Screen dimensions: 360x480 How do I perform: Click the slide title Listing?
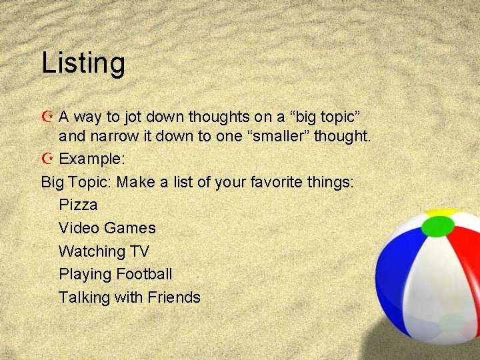pos(83,63)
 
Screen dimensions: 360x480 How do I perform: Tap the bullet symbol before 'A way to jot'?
pos(47,117)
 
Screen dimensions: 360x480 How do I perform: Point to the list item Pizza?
pos(78,205)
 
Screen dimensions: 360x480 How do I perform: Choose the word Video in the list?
pos(79,228)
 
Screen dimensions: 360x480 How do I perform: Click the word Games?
pos(130,228)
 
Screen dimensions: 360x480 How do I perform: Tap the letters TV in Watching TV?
pos(139,251)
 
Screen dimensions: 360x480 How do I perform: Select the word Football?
pos(144,274)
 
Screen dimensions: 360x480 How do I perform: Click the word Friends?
pos(174,297)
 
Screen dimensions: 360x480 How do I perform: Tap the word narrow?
pos(110,137)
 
